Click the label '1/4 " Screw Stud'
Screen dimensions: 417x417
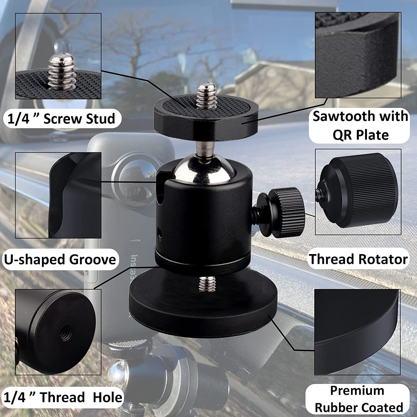click(61, 119)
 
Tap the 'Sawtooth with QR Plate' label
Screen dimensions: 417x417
click(360, 125)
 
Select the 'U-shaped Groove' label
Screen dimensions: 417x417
click(60, 259)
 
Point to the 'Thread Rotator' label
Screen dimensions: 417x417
click(358, 259)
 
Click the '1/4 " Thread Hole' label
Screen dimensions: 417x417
click(63, 397)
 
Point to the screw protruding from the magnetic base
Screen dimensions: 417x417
click(207, 284)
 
